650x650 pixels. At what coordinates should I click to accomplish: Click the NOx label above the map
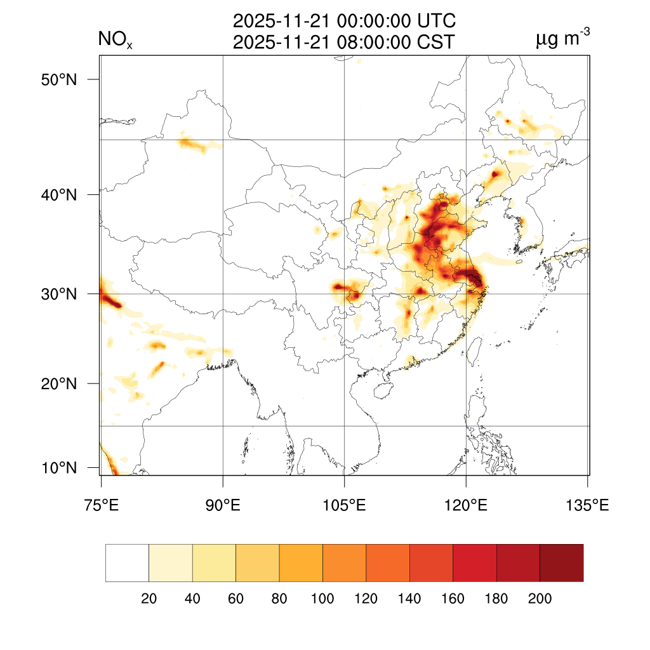[115, 41]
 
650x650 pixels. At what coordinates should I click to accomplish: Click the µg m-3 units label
[562, 40]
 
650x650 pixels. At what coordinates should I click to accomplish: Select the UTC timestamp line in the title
[344, 22]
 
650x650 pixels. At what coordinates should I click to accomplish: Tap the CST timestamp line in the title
[344, 42]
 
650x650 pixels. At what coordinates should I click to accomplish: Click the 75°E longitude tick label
[101, 506]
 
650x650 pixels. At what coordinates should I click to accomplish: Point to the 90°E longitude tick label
[223, 506]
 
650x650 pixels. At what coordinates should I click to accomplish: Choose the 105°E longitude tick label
[344, 506]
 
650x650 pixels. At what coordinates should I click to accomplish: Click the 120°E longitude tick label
[466, 506]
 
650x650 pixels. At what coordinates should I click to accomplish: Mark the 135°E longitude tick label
[587, 506]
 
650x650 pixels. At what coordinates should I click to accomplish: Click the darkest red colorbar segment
[561, 562]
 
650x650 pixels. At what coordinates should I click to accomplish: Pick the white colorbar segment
[127, 562]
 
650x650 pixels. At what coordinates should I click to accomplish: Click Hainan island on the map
[383, 388]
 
